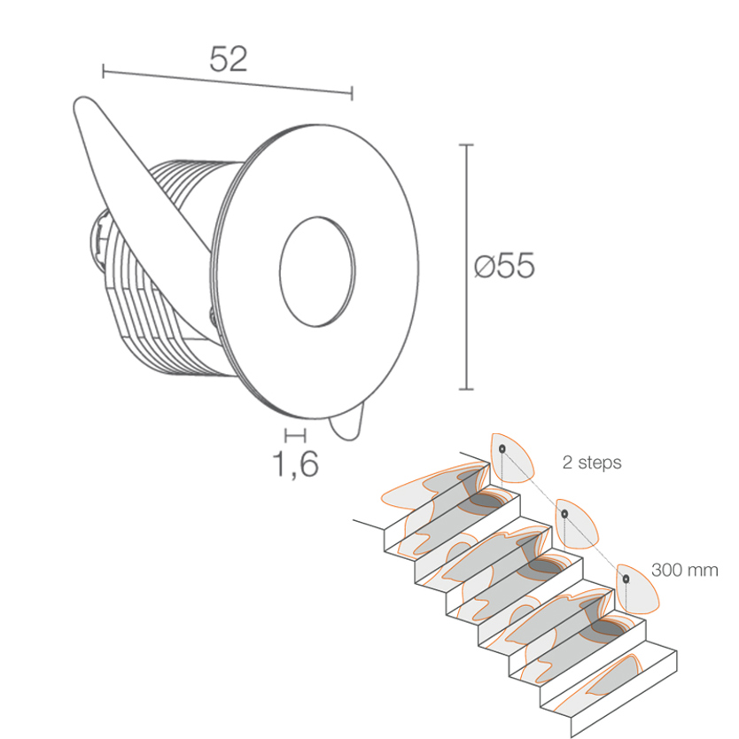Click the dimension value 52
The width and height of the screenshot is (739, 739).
[228, 59]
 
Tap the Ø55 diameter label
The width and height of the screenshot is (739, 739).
[504, 265]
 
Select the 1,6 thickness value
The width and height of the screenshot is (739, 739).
[295, 464]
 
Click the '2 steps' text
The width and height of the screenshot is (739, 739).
[592, 463]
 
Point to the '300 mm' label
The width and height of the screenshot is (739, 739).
[685, 570]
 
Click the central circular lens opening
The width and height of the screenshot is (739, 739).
[317, 272]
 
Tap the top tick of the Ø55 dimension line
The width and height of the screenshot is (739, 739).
[466, 145]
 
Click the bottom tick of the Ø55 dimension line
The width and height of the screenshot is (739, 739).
[466, 389]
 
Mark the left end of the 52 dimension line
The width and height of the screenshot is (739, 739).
[103, 72]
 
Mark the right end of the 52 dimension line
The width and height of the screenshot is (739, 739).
[352, 93]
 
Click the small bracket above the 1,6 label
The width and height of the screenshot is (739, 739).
[295, 435]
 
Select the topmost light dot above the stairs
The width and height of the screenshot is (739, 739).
[502, 448]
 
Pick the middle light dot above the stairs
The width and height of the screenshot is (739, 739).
[564, 514]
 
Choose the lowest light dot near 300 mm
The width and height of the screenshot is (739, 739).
[626, 579]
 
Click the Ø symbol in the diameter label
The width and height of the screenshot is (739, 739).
[485, 266]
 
